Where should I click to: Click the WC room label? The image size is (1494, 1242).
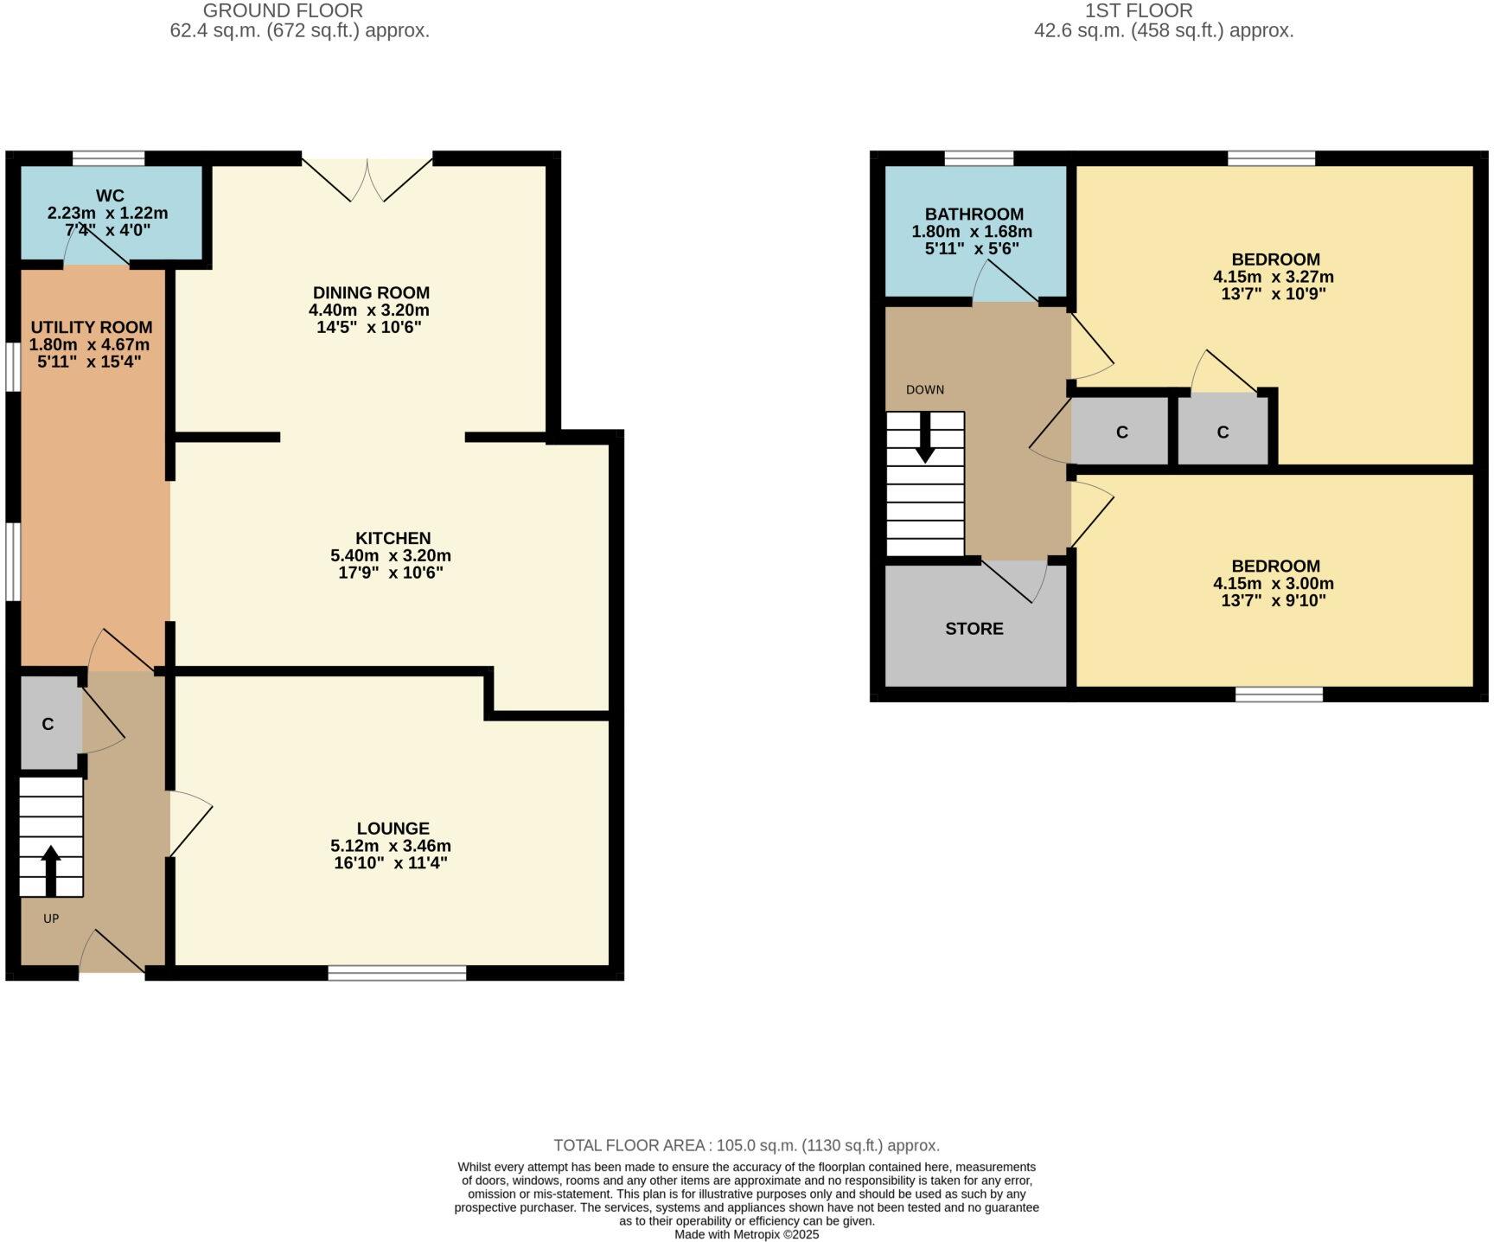pos(110,195)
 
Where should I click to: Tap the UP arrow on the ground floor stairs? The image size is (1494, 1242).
pos(51,870)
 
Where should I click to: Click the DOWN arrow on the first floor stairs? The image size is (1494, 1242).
pos(925,438)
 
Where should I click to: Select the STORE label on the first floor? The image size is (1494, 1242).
pos(974,629)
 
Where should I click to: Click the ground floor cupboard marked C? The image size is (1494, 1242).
pos(48,724)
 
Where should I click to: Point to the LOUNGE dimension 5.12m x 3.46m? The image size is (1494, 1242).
pos(391,846)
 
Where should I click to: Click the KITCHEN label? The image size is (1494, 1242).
pos(393,538)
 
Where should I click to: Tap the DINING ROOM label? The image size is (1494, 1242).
pos(371,292)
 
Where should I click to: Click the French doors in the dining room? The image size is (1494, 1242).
pos(367,179)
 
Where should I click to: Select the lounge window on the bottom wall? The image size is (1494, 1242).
pos(397,973)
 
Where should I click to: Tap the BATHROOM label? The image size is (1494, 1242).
pos(974,214)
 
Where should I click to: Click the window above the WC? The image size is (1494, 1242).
pos(108,158)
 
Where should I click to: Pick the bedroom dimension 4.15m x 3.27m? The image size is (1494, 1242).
pos(1274,277)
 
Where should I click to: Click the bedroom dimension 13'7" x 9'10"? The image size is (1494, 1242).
pos(1274,600)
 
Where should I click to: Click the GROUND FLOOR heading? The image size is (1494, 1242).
pos(282,10)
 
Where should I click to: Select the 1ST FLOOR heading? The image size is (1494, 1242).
pos(1139,10)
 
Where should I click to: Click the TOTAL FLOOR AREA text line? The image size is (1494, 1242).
pos(746,1145)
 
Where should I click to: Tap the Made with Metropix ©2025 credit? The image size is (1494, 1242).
pos(746,1234)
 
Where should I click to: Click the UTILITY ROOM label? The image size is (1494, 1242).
pos(92,327)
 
